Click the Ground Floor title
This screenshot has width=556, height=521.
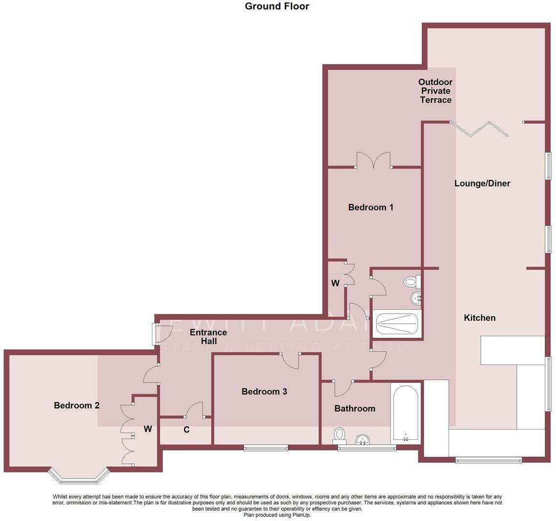pyautogui.click(x=277, y=6)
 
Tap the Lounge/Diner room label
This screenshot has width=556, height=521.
pyautogui.click(x=482, y=183)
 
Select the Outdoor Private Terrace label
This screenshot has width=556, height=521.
pyautogui.click(x=436, y=91)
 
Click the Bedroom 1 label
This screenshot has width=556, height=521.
pyautogui.click(x=370, y=207)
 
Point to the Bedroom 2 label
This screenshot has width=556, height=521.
pyautogui.click(x=77, y=405)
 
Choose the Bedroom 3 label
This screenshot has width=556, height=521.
pyautogui.click(x=264, y=391)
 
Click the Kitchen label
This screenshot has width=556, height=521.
pyautogui.click(x=479, y=318)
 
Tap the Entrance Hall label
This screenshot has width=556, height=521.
pyautogui.click(x=208, y=337)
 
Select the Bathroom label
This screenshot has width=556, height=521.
pyautogui.click(x=355, y=408)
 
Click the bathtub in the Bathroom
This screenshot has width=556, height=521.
pyautogui.click(x=406, y=412)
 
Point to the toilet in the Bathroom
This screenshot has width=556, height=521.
pyautogui.click(x=339, y=435)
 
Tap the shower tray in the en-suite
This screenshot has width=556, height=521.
pyautogui.click(x=396, y=323)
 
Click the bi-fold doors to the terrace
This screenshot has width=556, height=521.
pyautogui.click(x=479, y=129)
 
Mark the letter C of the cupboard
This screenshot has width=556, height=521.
pyautogui.click(x=186, y=430)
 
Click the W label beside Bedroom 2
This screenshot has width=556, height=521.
pyautogui.click(x=148, y=429)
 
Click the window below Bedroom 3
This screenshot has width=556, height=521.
pyautogui.click(x=266, y=447)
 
